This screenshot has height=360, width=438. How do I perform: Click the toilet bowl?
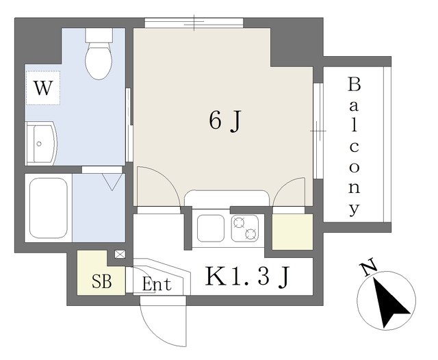tap(99, 61)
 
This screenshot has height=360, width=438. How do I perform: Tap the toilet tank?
tap(99, 35)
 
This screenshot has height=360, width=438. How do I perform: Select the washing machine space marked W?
tap(43, 88)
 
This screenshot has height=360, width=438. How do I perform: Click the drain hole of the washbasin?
tap(39, 144)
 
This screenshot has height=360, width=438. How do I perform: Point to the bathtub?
tap(49, 208)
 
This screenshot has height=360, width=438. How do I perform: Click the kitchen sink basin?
tap(210, 228)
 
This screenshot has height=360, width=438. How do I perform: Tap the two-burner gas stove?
tap(245, 228)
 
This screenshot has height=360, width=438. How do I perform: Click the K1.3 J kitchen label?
tap(247, 277)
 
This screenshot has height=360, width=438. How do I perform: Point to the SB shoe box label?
tap(102, 281)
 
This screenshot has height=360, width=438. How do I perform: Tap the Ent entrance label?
tap(157, 284)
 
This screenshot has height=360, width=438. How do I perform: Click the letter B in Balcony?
tap(354, 84)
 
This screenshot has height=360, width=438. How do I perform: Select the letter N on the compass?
tap(370, 267)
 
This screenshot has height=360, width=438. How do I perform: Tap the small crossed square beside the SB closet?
tap(120, 254)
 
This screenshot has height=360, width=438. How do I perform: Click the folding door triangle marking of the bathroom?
tap(112, 182)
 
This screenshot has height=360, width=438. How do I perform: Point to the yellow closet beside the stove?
tap(292, 232)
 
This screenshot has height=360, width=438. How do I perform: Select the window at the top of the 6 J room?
tap(194, 23)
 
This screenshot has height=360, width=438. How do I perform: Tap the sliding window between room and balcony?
tap(318, 131)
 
